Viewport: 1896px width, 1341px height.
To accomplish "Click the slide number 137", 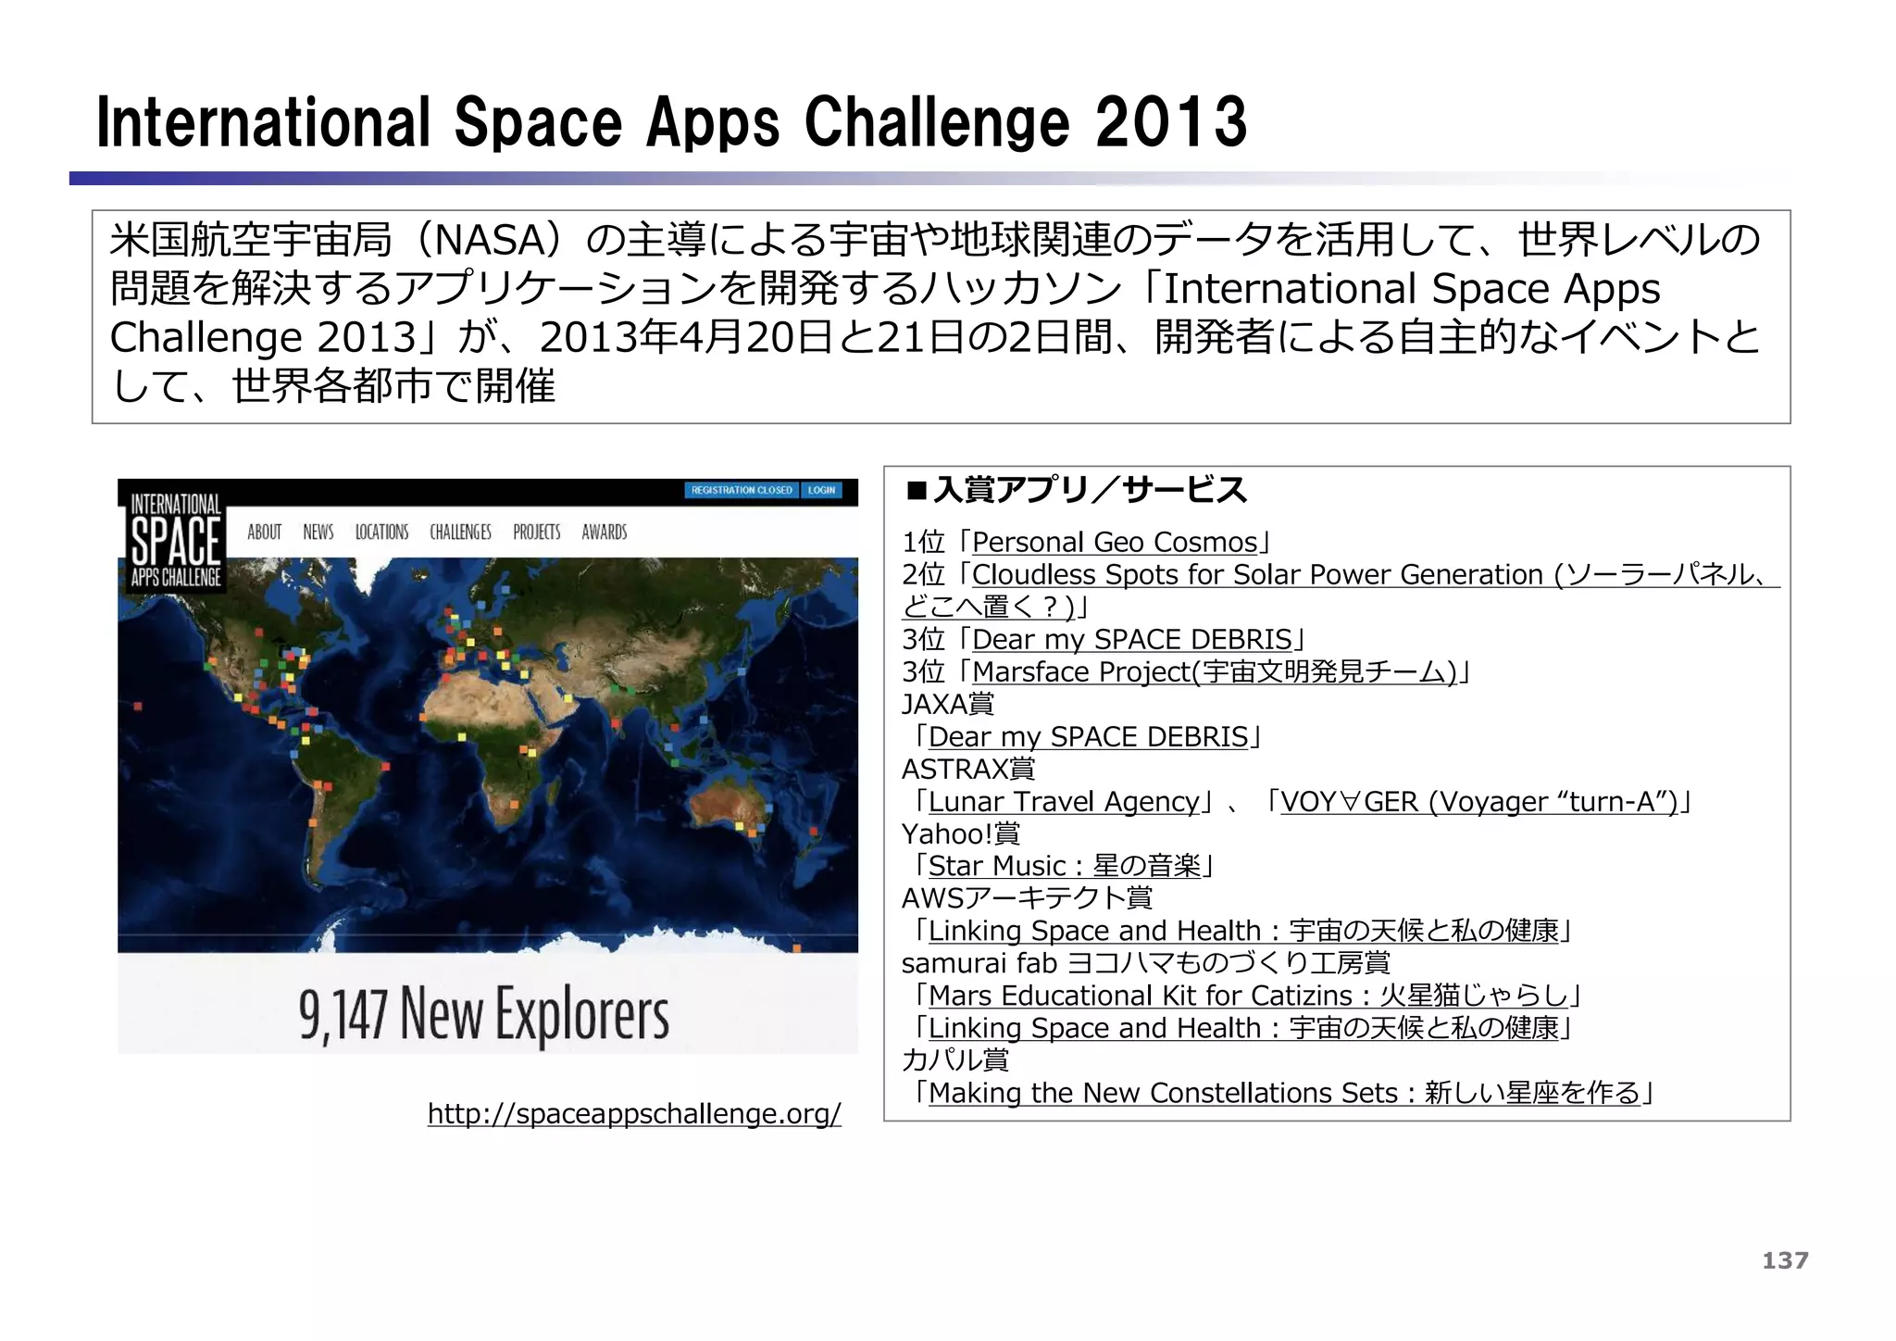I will coord(1784,1260).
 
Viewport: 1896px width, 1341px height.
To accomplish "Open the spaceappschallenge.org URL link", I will coord(633,1113).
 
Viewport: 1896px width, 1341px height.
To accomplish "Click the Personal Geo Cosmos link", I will coord(1115,542).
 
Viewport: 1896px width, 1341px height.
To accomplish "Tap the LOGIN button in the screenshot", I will coord(821,490).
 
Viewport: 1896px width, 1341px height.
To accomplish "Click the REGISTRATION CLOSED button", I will coord(742,490).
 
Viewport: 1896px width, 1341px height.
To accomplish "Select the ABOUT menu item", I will coord(264,532).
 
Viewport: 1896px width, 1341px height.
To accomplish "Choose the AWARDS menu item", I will coord(605,532).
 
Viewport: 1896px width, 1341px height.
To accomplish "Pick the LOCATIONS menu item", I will coord(381,532).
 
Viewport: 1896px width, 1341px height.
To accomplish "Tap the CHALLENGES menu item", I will coord(460,532).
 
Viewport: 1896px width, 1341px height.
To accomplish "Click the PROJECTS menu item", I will coord(537,532).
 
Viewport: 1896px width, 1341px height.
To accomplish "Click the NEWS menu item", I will coord(318,532).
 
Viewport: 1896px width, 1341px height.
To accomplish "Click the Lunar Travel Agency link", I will coord(1064,801).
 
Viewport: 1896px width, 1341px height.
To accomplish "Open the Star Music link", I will coord(1064,866).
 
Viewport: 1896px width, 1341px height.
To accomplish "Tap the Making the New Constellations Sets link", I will coord(1284,1093).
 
